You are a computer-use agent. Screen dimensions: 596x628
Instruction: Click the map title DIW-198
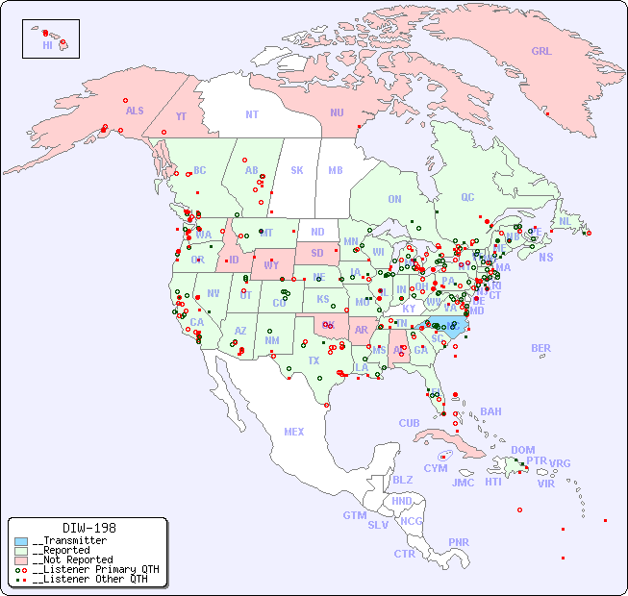pos(88,528)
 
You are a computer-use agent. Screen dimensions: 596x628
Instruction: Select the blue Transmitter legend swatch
pos(21,540)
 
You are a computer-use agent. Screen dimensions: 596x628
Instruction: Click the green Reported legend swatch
pos(21,550)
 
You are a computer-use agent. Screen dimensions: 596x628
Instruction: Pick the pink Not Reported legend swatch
pos(21,559)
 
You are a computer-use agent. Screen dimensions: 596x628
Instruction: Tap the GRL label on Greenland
pos(541,51)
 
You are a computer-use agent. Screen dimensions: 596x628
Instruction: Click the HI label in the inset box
pos(47,45)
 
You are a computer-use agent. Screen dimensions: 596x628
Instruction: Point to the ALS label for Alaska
pos(135,111)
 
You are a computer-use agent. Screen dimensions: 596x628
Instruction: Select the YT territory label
pos(180,116)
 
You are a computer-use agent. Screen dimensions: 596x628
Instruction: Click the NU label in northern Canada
pos(337,112)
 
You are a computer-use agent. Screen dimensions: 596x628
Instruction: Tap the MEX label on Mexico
pos(294,432)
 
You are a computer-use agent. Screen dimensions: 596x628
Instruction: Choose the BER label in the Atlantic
pos(540,348)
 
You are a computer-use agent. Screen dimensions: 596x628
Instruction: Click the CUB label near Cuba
pos(409,423)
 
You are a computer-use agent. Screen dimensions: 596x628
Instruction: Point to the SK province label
pos(297,170)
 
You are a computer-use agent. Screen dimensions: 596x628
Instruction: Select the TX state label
pos(314,360)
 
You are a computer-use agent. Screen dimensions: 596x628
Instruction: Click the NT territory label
pos(251,114)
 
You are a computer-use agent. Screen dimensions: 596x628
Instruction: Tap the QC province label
pos(467,197)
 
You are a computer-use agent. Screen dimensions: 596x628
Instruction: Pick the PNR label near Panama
pos(459,542)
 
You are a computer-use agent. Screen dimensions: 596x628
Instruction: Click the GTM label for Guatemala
pos(354,515)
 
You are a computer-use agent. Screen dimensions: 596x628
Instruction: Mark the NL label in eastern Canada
pos(565,220)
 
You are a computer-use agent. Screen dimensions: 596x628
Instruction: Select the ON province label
pos(394,199)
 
